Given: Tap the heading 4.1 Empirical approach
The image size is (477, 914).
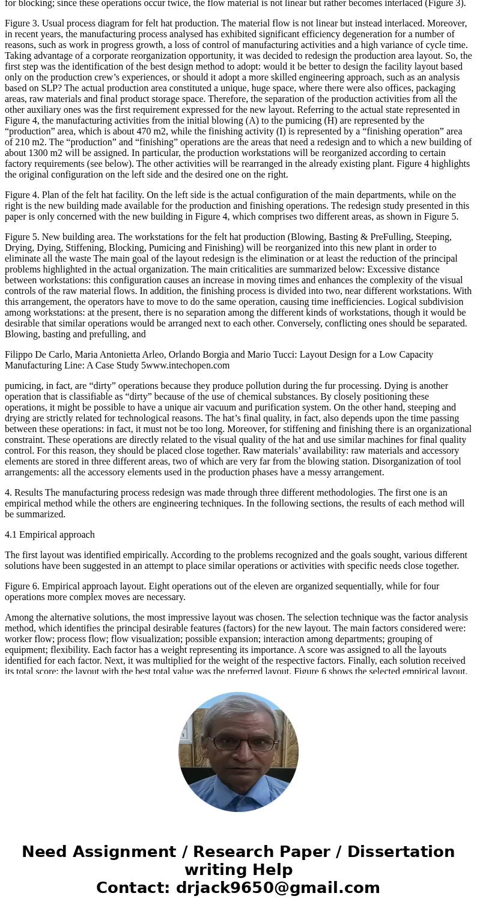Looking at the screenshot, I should pos(50,534).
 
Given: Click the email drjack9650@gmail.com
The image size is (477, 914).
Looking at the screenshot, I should pos(278,888).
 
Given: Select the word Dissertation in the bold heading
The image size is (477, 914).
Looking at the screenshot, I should pos(401,852).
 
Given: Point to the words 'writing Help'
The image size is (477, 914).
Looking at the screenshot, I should pos(239,870).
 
